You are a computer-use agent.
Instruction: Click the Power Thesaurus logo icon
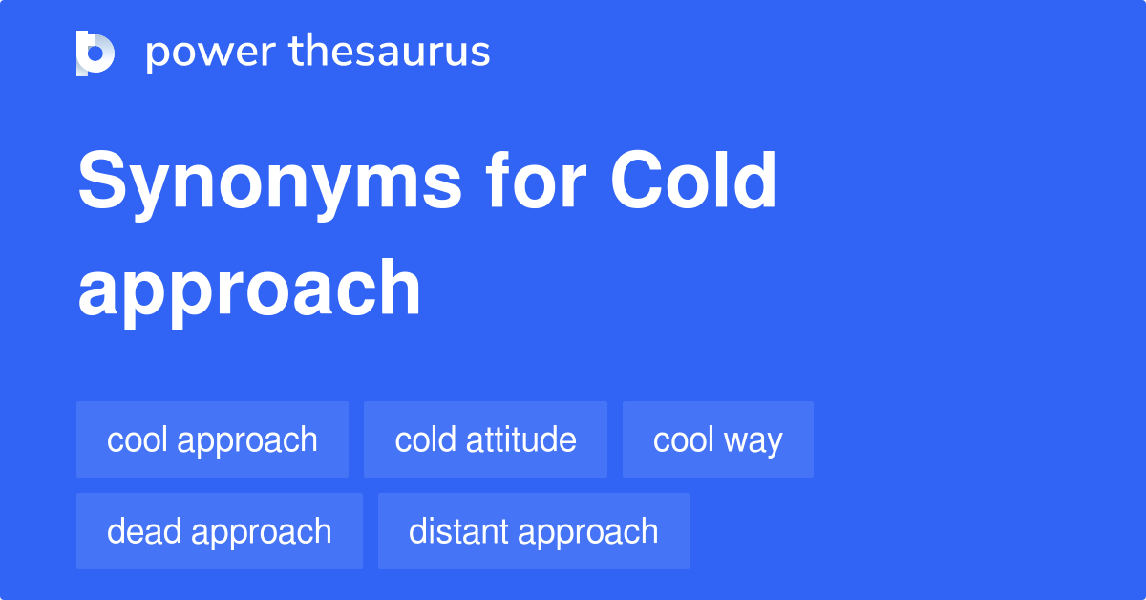tap(95, 53)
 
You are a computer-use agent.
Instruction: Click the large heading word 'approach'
tap(249, 289)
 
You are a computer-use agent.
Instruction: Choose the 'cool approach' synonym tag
tap(212, 439)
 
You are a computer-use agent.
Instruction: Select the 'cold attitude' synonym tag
tap(485, 439)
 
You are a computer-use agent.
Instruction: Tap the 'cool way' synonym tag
tap(718, 439)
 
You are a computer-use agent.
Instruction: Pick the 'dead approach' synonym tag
tap(220, 531)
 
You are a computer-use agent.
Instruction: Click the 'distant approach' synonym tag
tap(533, 531)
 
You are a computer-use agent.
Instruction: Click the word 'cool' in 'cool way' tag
tap(683, 439)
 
